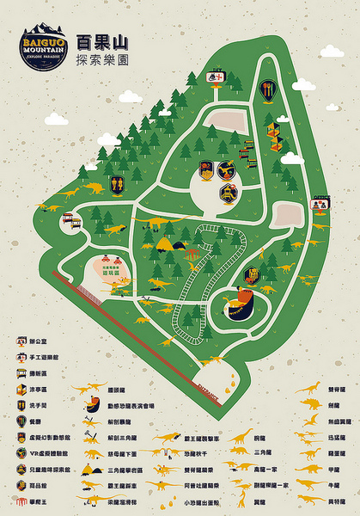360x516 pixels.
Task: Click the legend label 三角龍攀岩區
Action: pyautogui.click(x=134, y=470)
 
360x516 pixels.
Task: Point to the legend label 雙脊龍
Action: pyautogui.click(x=337, y=389)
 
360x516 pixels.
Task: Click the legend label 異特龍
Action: pyautogui.click(x=337, y=501)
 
